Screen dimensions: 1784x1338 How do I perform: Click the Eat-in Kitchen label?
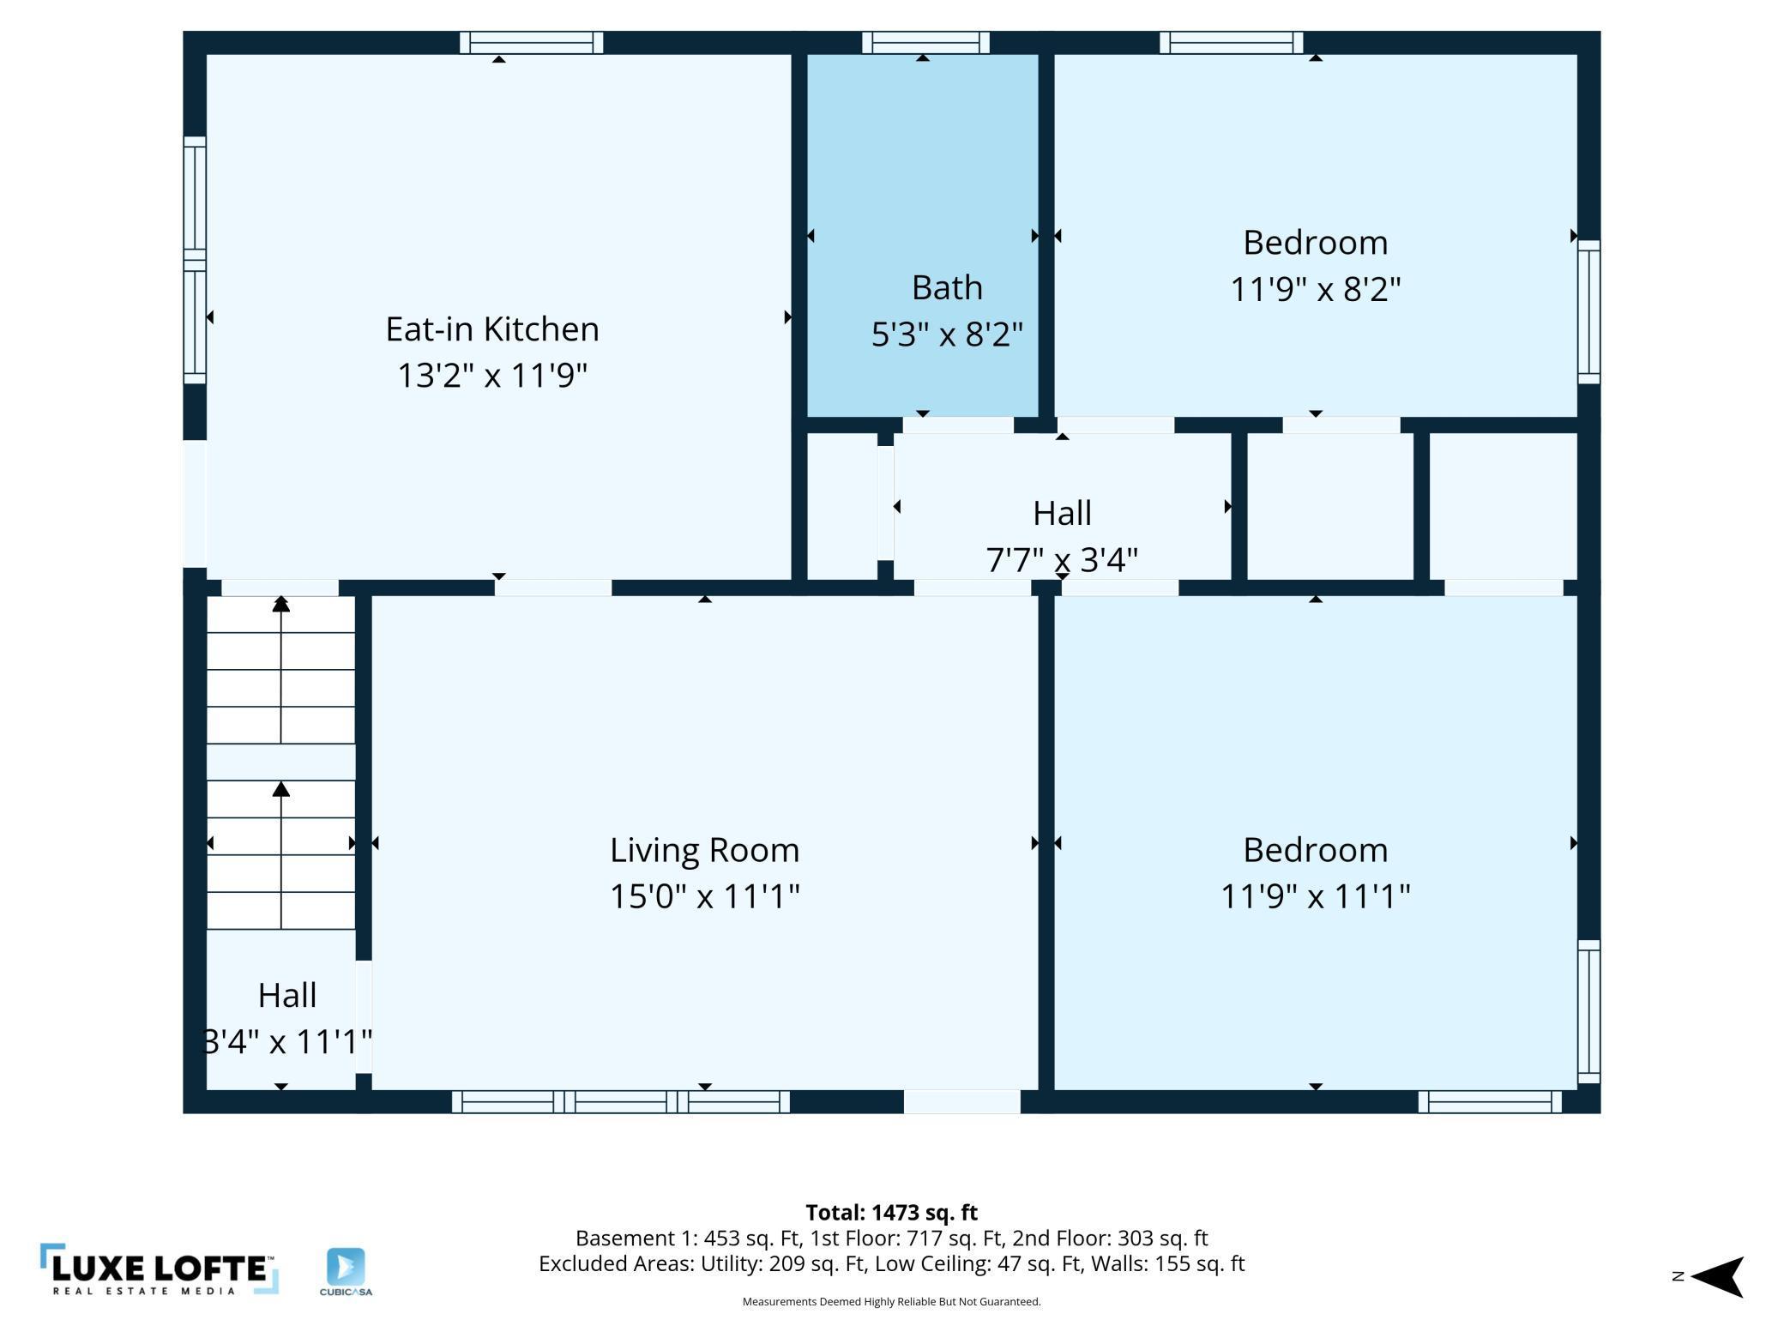point(491,329)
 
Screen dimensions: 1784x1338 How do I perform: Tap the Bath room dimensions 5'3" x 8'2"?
point(947,334)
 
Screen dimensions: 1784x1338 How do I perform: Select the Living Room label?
point(704,850)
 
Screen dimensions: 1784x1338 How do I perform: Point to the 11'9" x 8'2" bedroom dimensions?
point(1315,289)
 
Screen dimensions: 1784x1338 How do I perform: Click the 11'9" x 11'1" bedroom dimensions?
point(1315,896)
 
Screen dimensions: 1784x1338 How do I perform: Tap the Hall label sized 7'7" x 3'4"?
point(1062,513)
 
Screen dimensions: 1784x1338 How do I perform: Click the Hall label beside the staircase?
point(287,995)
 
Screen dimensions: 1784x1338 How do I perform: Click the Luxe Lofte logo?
point(159,1269)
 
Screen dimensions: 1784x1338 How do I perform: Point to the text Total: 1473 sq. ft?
point(891,1212)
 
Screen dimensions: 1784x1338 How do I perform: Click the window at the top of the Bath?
point(925,42)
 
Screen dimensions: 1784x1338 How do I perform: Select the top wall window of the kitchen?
point(531,42)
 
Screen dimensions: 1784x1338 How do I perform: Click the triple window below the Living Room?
point(621,1101)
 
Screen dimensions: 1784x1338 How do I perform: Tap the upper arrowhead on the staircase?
point(281,604)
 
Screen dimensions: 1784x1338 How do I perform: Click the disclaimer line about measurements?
point(891,1301)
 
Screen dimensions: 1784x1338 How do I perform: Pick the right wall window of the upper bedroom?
point(1589,311)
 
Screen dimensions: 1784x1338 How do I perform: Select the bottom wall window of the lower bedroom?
point(1490,1101)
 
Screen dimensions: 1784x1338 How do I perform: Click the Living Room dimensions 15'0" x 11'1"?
point(704,896)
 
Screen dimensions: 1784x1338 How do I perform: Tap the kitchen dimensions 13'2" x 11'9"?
point(491,376)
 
